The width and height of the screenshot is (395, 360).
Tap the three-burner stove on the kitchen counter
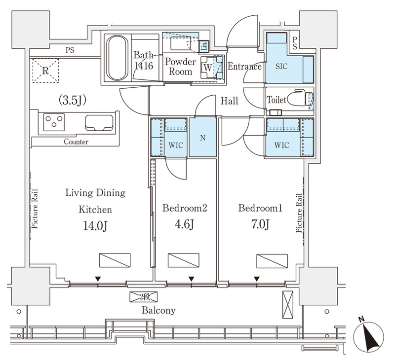coord(54,122)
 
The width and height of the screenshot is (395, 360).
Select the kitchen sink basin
coord(99,123)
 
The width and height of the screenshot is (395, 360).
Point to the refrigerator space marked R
coord(45,71)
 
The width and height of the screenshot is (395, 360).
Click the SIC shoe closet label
coord(281,67)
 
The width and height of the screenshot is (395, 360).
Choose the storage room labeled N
coord(203,138)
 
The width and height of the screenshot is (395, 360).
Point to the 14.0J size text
coord(95,226)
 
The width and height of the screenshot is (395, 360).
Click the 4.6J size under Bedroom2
coord(184,224)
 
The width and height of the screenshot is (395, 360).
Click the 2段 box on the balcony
coord(144,297)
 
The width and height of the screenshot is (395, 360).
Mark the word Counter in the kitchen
coord(76,142)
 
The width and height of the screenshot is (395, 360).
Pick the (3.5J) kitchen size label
coord(73,100)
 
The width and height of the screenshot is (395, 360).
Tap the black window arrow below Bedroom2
coord(192,279)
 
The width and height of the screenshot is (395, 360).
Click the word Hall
coord(229,101)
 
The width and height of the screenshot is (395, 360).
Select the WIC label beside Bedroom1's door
coord(281,145)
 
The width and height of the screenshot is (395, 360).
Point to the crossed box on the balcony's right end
coord(288,304)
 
